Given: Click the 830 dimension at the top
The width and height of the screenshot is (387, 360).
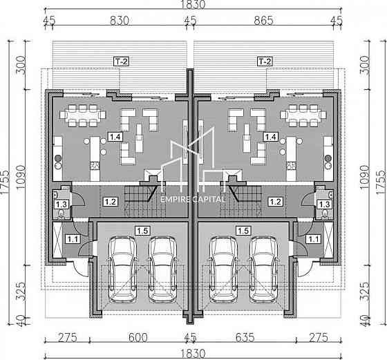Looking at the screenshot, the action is [x=120, y=21].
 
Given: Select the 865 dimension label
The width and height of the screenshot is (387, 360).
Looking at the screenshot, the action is [x=263, y=21].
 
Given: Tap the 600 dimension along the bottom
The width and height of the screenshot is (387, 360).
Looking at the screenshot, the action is [x=138, y=337].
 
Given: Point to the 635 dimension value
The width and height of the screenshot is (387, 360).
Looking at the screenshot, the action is [x=245, y=337].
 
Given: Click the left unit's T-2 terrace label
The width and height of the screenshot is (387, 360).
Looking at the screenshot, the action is [x=121, y=61].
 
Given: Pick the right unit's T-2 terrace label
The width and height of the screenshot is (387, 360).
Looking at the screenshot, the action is [x=265, y=61].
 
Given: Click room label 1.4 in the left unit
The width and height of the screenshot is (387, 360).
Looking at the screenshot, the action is [x=115, y=136].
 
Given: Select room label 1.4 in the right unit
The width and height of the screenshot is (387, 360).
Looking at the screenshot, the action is [x=271, y=136].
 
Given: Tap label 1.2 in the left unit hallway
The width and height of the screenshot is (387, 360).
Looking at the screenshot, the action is [x=111, y=202].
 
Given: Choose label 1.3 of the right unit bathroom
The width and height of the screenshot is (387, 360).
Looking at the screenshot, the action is [x=324, y=205].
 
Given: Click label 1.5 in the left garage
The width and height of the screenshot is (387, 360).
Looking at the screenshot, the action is [x=142, y=231].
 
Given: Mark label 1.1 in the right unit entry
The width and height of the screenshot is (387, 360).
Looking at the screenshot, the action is [x=313, y=239].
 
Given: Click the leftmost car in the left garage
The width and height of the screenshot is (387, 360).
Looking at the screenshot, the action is [x=122, y=269].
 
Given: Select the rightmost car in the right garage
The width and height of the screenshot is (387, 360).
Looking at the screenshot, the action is [x=264, y=269].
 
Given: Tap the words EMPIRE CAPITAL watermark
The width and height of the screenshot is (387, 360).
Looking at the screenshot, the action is [x=193, y=200].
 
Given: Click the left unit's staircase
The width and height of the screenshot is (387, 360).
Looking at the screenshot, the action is [x=144, y=201].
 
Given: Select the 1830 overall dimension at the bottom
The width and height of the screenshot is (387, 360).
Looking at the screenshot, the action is [x=193, y=354].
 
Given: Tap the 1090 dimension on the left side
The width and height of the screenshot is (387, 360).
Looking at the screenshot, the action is [x=21, y=177].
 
